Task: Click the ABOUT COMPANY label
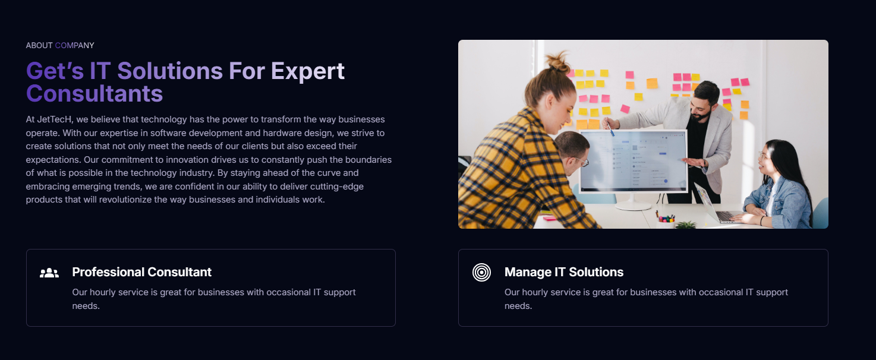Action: coord(60,45)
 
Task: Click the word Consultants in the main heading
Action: coord(94,94)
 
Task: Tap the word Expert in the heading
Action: coord(307,71)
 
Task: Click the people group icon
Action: coord(49,273)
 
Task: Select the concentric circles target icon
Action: coord(481,272)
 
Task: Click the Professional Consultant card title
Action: coord(141,272)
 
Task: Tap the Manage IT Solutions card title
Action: coord(563,272)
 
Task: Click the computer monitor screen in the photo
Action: coord(633,160)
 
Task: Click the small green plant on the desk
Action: coord(686,225)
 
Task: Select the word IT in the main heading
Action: coord(100,71)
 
